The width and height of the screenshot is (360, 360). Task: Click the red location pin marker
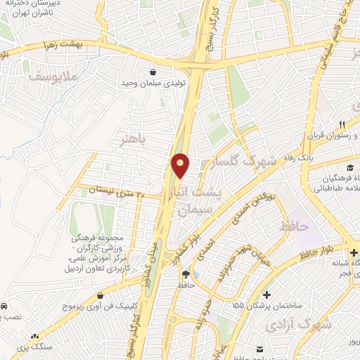coord(181,165)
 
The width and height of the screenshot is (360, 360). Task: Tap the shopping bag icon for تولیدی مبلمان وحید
coord(153,71)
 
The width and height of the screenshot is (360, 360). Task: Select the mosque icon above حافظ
coord(186,274)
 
